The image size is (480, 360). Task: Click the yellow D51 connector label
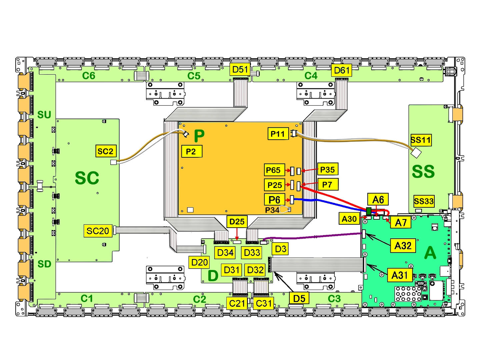[x=240, y=70]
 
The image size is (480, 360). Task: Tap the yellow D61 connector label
[x=342, y=70]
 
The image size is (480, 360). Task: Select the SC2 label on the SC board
[x=105, y=151]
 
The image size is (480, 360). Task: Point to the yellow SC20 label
[x=98, y=231]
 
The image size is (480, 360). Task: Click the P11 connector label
[x=278, y=134]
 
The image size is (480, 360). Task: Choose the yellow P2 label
[x=191, y=152]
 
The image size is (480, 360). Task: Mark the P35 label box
[x=327, y=170]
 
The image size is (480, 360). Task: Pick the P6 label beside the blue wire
[x=274, y=200]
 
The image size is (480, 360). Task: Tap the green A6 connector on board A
[x=369, y=211]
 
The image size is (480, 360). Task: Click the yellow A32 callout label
[x=403, y=246]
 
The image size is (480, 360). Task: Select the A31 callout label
[x=400, y=275]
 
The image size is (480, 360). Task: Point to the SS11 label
[x=421, y=140]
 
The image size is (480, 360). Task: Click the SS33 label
[x=424, y=201]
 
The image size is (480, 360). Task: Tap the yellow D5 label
[x=299, y=298]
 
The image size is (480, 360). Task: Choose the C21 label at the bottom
[x=237, y=303]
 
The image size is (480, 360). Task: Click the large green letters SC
[x=87, y=178]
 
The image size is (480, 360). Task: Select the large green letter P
[x=199, y=136]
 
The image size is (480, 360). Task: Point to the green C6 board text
[x=89, y=76]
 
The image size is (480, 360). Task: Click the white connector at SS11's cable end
[x=416, y=153]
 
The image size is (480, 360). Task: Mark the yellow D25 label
[x=237, y=222]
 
